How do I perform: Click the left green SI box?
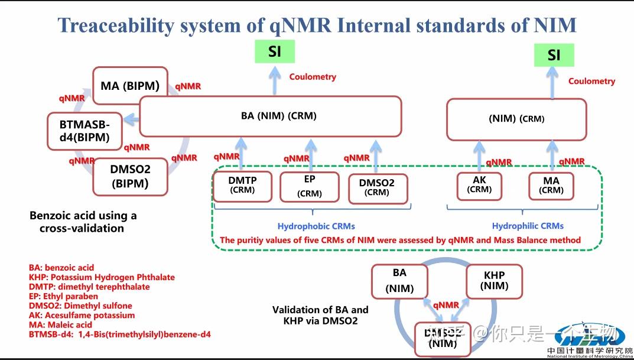click(x=274, y=51)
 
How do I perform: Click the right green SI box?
click(x=554, y=55)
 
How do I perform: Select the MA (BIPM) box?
click(x=130, y=86)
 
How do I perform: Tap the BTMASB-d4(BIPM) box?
click(x=84, y=131)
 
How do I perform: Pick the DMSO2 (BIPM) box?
click(x=130, y=176)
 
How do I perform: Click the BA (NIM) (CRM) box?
click(x=270, y=116)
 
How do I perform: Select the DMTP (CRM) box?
click(x=242, y=185)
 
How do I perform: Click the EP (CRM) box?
click(x=310, y=186)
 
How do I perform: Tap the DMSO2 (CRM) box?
click(x=376, y=187)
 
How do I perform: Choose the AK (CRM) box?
click(x=479, y=184)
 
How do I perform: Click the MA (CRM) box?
click(x=551, y=185)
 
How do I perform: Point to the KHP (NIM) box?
click(x=494, y=281)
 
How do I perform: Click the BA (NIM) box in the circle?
click(x=399, y=281)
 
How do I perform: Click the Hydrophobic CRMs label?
click(x=316, y=226)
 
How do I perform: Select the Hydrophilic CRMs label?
click(x=528, y=226)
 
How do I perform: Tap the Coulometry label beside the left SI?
click(x=313, y=77)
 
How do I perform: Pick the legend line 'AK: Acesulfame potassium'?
click(x=82, y=315)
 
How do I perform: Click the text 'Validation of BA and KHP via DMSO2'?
click(x=320, y=315)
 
